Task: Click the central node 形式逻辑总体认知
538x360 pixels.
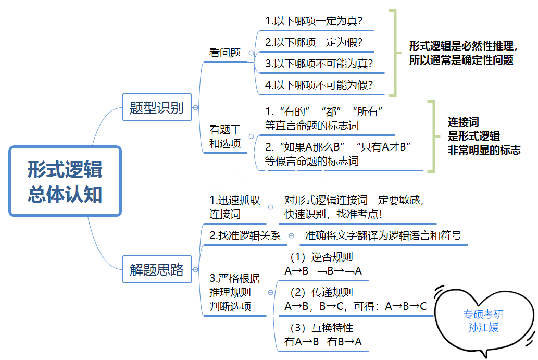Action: point(65,181)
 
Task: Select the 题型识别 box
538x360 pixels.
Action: point(156,108)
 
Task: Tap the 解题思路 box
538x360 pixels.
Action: point(156,269)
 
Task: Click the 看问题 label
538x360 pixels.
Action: point(225,53)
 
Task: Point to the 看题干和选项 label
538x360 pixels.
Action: point(225,136)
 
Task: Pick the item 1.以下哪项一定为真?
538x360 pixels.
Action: point(314,21)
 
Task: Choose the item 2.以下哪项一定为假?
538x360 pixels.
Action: point(314,42)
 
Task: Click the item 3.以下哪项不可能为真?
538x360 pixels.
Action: point(319,64)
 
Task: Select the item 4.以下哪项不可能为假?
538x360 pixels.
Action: point(319,85)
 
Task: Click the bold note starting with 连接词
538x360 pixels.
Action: point(484,136)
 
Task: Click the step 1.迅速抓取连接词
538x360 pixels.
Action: point(234,207)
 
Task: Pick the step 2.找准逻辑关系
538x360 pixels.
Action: point(245,235)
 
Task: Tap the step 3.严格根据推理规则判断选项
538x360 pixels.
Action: point(234,292)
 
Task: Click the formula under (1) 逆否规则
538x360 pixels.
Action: point(323,270)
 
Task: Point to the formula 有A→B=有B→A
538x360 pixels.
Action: point(323,342)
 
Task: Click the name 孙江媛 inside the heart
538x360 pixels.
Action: point(484,327)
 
